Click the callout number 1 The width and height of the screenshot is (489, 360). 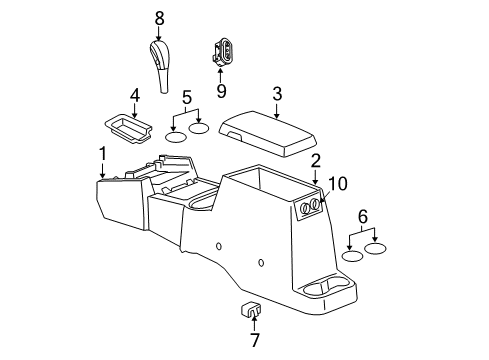pyautogui.click(x=102, y=153)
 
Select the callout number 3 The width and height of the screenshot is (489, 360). pyautogui.click(x=277, y=93)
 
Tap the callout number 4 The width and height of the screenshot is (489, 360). pyautogui.click(x=134, y=97)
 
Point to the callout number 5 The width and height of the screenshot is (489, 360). pyautogui.click(x=187, y=98)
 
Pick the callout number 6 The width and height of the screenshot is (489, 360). pyautogui.click(x=362, y=216)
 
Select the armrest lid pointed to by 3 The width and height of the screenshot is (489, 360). pyautogui.click(x=269, y=129)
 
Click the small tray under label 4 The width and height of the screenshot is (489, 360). pyautogui.click(x=126, y=127)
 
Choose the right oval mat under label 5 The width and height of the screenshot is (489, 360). pyautogui.click(x=200, y=128)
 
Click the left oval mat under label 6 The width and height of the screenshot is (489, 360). pyautogui.click(x=352, y=256)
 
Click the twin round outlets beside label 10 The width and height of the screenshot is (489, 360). pyautogui.click(x=309, y=208)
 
